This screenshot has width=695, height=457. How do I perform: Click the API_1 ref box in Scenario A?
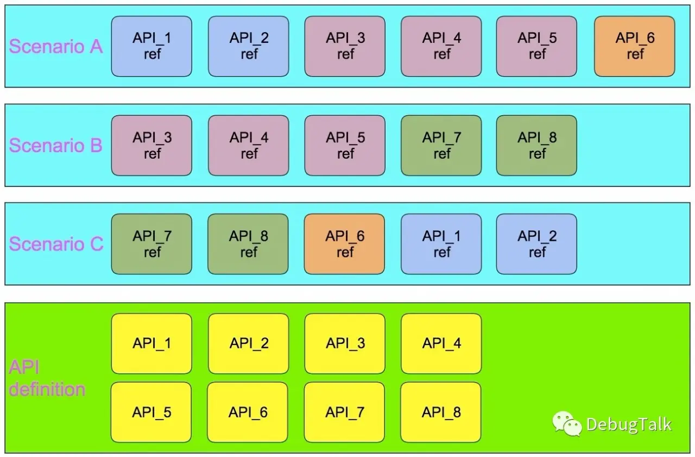click(x=151, y=46)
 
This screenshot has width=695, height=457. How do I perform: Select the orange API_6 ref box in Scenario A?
click(x=634, y=46)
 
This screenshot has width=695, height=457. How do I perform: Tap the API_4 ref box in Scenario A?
click(x=441, y=46)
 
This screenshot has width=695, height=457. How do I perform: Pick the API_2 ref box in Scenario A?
click(x=248, y=46)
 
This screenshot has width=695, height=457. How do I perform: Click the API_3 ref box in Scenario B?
click(x=151, y=146)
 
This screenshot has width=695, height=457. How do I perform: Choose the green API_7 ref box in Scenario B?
click(x=441, y=146)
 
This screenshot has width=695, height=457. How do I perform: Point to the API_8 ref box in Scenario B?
click(x=536, y=146)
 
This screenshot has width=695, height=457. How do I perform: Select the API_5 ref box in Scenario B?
click(x=345, y=146)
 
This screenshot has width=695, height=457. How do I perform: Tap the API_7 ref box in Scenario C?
click(x=151, y=244)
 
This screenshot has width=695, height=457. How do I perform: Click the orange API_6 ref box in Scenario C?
click(x=344, y=244)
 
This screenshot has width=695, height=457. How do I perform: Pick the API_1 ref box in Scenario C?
click(x=441, y=244)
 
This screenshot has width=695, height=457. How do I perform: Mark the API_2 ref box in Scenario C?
click(x=536, y=244)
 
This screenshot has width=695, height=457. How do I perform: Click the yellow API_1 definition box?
click(x=151, y=343)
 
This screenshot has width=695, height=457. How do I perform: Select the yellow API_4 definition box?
click(x=441, y=343)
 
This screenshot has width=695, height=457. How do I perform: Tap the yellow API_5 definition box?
click(x=151, y=412)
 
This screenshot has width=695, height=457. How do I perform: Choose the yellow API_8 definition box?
click(x=440, y=412)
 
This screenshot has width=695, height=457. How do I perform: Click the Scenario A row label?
click(x=56, y=47)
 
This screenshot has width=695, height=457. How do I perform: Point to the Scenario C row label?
click(x=56, y=244)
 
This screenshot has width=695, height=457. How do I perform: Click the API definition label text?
click(x=47, y=378)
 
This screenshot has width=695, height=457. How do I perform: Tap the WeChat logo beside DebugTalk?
click(x=567, y=423)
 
